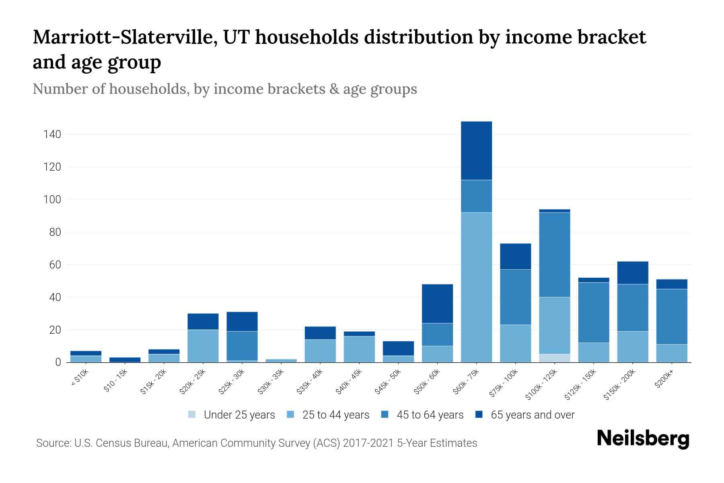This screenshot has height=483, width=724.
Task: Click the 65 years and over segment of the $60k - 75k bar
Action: (x=476, y=151)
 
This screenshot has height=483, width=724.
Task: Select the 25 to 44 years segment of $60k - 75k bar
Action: (x=476, y=287)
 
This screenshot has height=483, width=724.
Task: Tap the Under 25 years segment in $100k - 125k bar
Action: (x=555, y=358)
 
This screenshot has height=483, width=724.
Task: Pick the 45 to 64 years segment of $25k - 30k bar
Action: (x=242, y=346)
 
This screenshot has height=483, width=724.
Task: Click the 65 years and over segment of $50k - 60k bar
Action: (x=437, y=303)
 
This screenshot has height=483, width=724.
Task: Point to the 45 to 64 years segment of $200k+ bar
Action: (x=672, y=316)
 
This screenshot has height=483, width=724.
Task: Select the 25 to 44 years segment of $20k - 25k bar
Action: (x=203, y=346)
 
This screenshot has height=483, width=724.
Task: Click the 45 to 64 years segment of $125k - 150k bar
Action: (x=594, y=312)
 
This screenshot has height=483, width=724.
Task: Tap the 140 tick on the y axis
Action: (x=52, y=134)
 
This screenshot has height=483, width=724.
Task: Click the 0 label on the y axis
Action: (x=58, y=363)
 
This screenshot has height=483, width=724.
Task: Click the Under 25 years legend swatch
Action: (x=192, y=414)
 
